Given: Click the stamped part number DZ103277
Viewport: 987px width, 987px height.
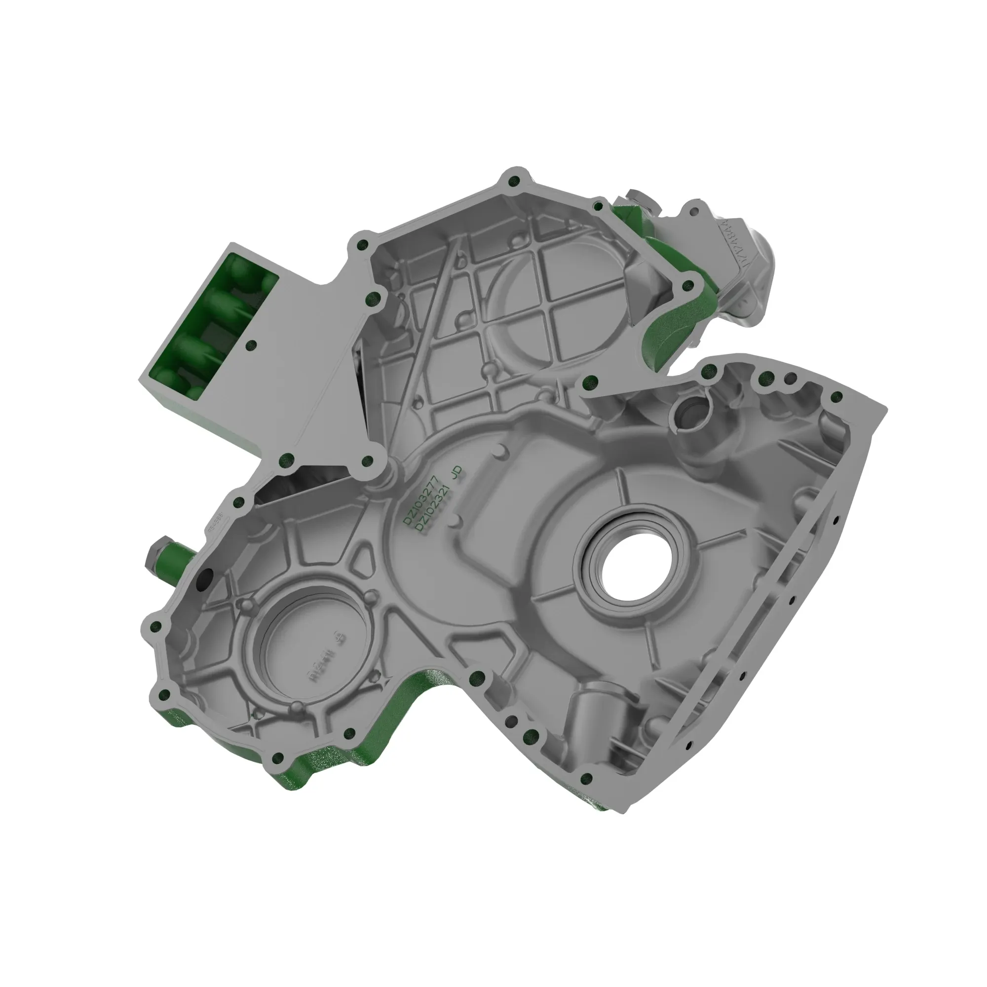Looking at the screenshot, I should pos(420,499).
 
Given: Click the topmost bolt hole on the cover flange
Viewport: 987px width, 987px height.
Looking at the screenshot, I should pos(514,180).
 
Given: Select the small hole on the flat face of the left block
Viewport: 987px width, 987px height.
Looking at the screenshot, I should pos(250,346).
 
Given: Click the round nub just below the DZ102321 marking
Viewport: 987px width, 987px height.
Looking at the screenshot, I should pos(454,521).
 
